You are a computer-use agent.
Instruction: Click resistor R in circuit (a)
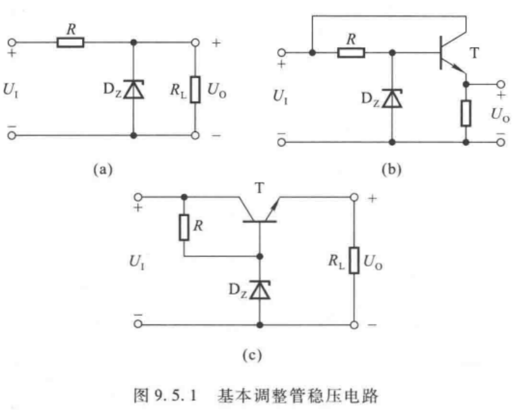click(x=71, y=42)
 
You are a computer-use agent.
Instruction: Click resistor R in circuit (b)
click(x=351, y=53)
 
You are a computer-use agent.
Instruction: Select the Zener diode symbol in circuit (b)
click(x=393, y=98)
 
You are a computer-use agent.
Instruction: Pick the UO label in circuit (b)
click(x=500, y=114)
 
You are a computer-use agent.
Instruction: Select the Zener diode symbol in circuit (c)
click(x=260, y=290)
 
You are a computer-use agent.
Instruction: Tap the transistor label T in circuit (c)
click(x=260, y=189)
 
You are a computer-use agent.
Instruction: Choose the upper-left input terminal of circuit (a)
click(x=13, y=42)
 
